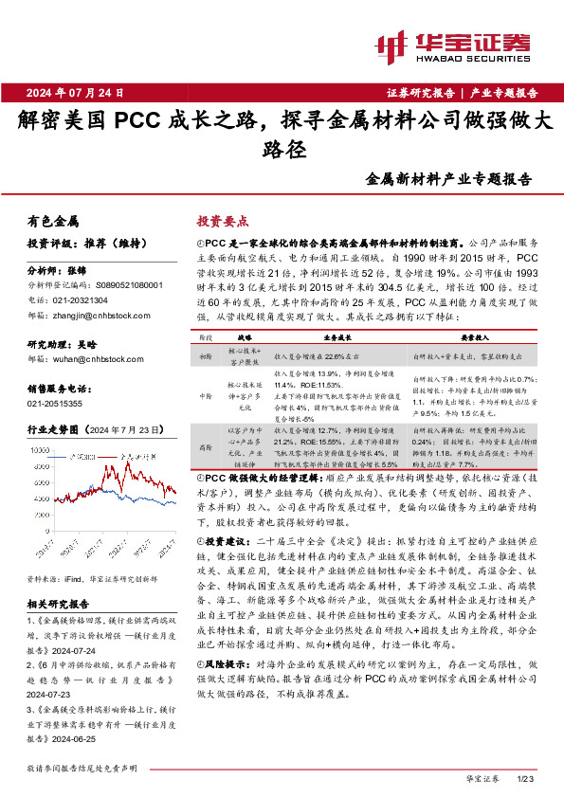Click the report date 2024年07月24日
pyautogui.click(x=82, y=92)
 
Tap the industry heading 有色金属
pyautogui.click(x=53, y=221)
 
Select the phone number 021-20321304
pyautogui.click(x=90, y=299)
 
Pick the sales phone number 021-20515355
pyautogui.click(x=59, y=403)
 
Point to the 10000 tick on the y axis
pyautogui.click(x=38, y=448)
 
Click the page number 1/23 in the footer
pyautogui.click(x=528, y=779)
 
